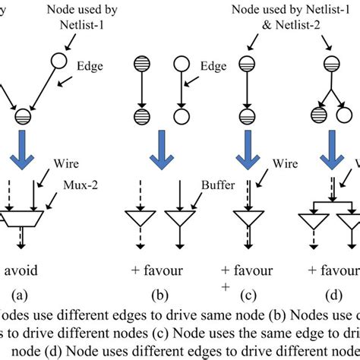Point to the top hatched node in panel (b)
click(141, 65)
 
